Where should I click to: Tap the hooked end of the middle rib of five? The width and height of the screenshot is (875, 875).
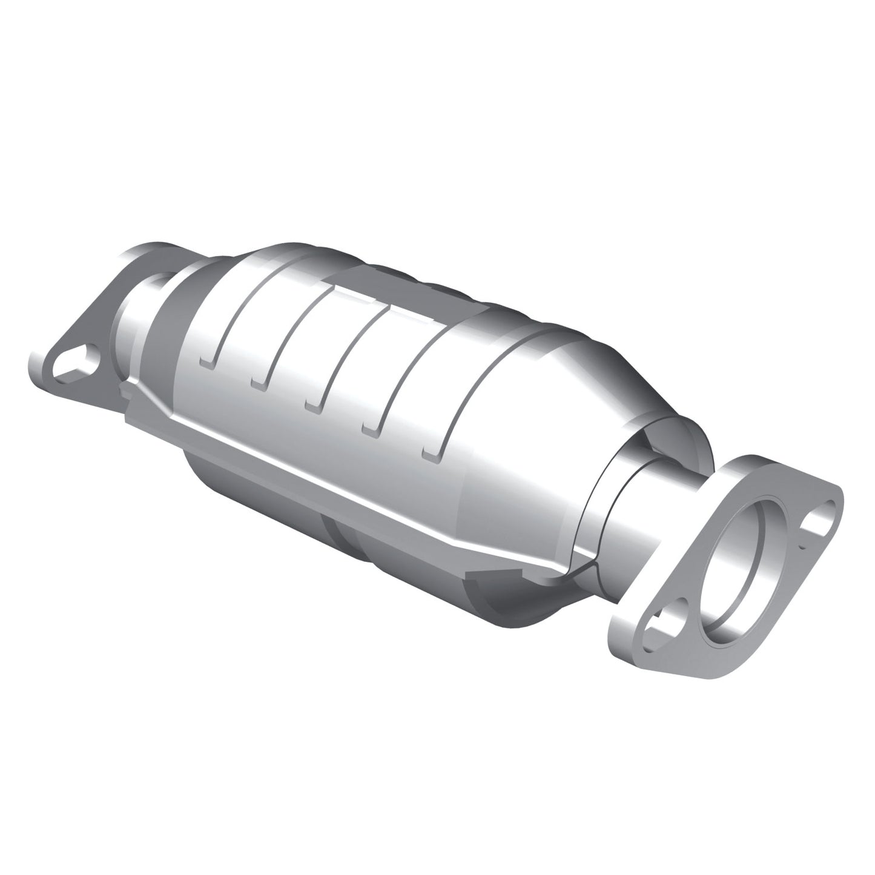(314, 404)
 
